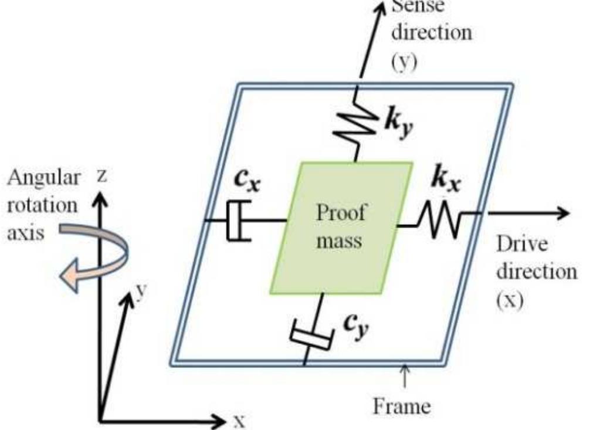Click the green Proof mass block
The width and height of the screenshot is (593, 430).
[340, 228]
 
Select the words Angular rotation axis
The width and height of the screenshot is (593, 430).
[42, 205]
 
